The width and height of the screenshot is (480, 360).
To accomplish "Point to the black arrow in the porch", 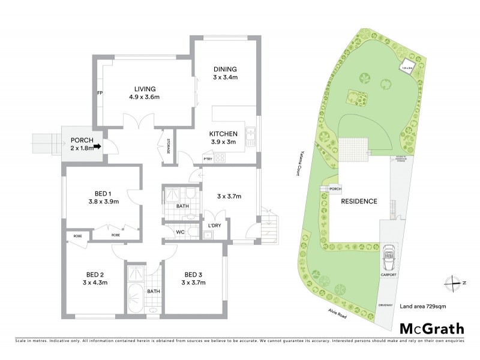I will click(97, 145).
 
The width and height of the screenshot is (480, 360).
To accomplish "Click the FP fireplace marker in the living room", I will click(101, 94).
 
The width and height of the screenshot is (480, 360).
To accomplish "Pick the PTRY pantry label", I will click(208, 159).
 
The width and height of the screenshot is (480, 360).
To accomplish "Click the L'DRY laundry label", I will click(215, 225).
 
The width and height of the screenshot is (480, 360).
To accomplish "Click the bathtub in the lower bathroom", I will click(135, 298).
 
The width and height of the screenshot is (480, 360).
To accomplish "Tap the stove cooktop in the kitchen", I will click(220, 159).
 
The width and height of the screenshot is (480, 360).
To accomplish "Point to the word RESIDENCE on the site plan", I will click(359, 202).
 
